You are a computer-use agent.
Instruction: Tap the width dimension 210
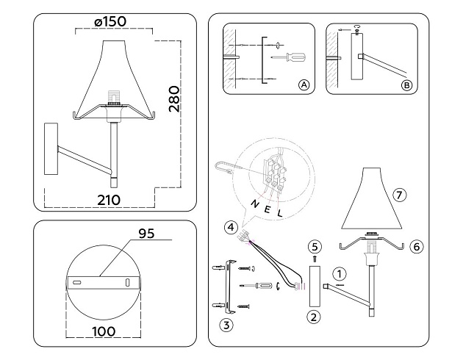(x=109, y=199)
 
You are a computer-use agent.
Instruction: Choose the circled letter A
(x=304, y=86)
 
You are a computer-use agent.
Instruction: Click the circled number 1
(x=338, y=273)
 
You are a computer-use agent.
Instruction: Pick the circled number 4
(x=231, y=228)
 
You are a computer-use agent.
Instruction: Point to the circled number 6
(x=416, y=247)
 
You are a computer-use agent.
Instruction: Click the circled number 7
(x=399, y=195)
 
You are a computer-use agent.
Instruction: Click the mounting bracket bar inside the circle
(x=101, y=281)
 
